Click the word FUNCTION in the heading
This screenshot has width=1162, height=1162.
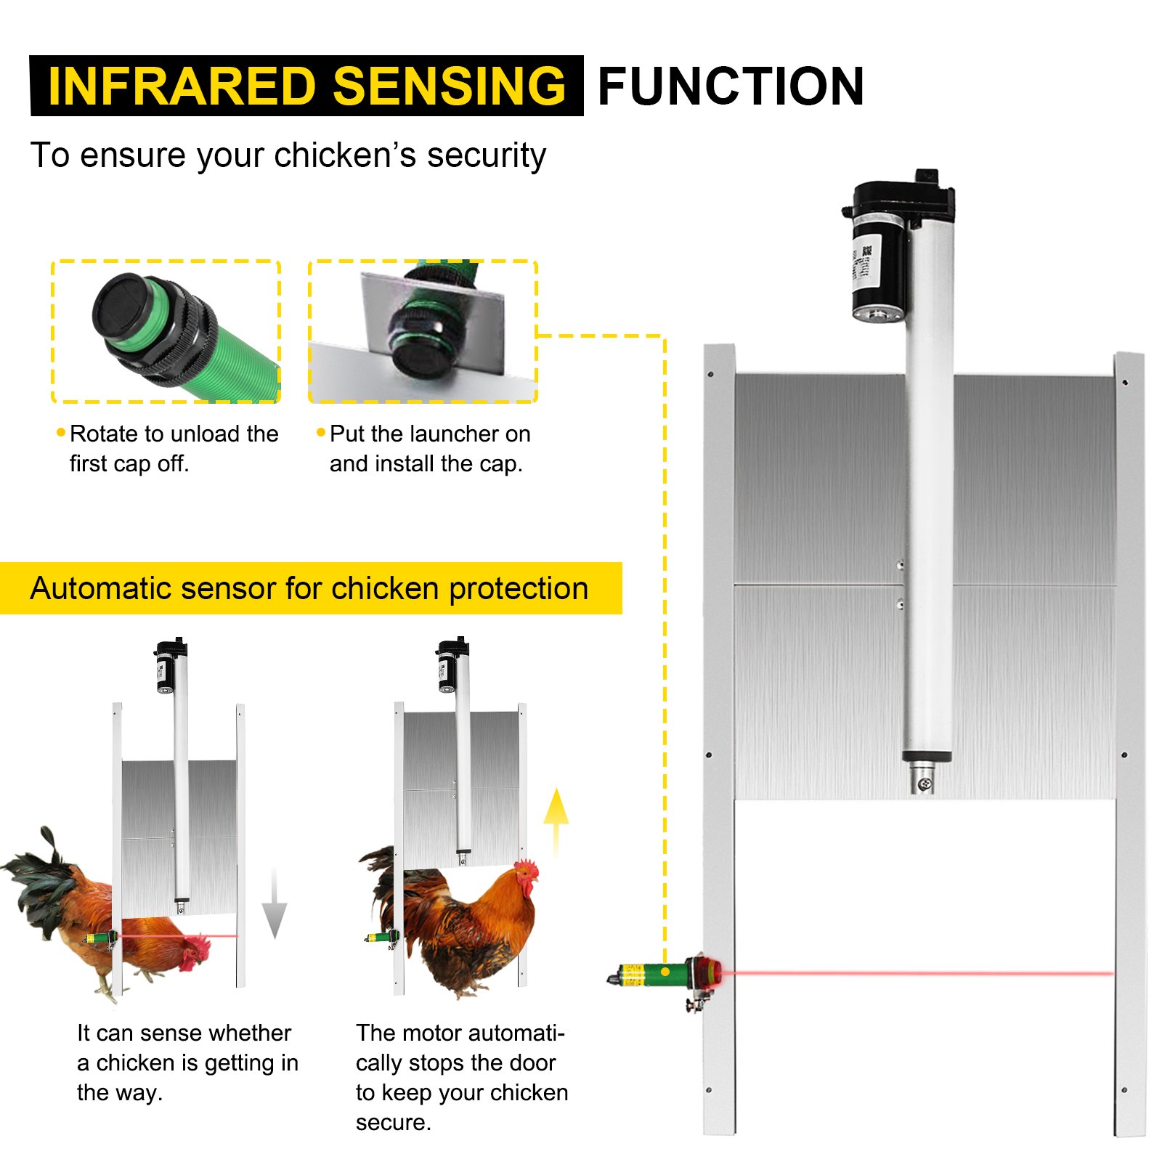(x=731, y=86)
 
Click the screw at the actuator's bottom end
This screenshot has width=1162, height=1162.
(x=924, y=783)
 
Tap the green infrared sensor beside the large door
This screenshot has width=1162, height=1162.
(x=657, y=973)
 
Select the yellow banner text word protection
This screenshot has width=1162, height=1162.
(x=518, y=588)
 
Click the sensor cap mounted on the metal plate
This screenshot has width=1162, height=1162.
(x=422, y=347)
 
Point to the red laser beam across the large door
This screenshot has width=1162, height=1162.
(x=915, y=973)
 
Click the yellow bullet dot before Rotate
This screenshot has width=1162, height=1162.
(x=61, y=433)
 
